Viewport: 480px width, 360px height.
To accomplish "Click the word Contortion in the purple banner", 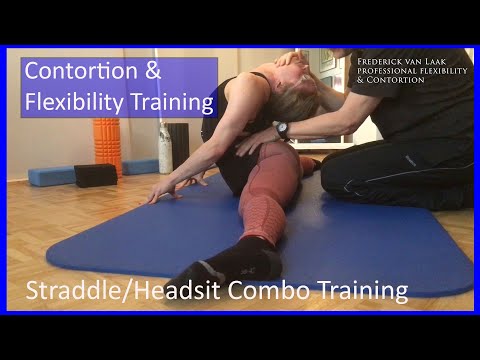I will (x=74, y=72).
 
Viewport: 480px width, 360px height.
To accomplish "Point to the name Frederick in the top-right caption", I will (x=385, y=61).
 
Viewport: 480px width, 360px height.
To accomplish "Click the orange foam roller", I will (x=106, y=146).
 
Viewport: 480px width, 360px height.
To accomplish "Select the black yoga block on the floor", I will (x=96, y=176).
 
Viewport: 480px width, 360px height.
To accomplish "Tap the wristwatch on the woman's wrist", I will (x=282, y=130).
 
